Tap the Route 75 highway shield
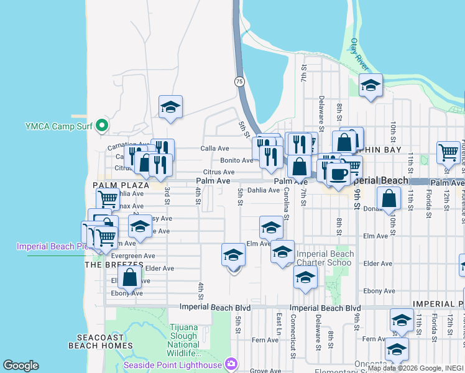pos(239,81)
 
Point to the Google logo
pos(21,366)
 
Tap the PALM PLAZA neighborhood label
pos(121,185)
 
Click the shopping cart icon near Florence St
pos(448,151)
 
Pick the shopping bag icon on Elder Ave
pos(130,277)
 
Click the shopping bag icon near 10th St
pos(389,199)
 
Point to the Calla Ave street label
pos(215,149)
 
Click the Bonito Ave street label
pos(237,160)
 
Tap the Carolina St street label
pos(286,209)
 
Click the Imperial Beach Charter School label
pos(325,258)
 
